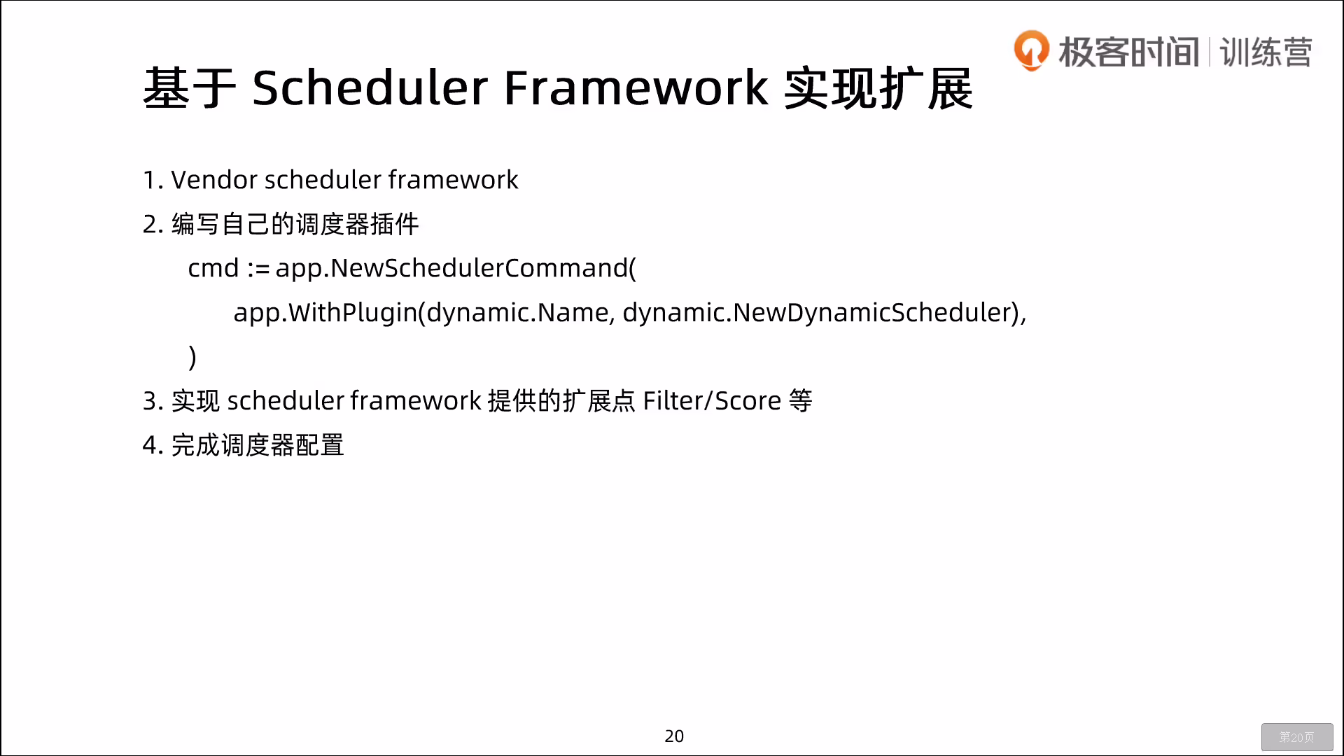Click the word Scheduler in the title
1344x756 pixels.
(x=370, y=87)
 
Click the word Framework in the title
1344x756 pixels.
(x=636, y=87)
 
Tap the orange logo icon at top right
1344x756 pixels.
(x=1032, y=50)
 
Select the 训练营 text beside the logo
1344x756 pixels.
(x=1266, y=52)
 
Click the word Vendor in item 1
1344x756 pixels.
(x=214, y=180)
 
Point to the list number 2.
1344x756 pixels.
(x=151, y=224)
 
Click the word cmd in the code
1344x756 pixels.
(x=213, y=268)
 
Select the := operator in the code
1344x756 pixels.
(x=258, y=269)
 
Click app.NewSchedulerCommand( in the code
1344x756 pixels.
(x=456, y=269)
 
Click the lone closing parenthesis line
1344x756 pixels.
(x=192, y=357)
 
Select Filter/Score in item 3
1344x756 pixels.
(x=712, y=401)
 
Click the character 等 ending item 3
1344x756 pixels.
(x=801, y=401)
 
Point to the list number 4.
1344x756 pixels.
(x=151, y=445)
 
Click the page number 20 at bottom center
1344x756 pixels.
(x=674, y=736)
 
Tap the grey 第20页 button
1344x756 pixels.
(x=1297, y=737)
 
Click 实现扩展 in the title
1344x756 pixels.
(x=878, y=88)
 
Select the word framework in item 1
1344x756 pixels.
(x=453, y=180)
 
